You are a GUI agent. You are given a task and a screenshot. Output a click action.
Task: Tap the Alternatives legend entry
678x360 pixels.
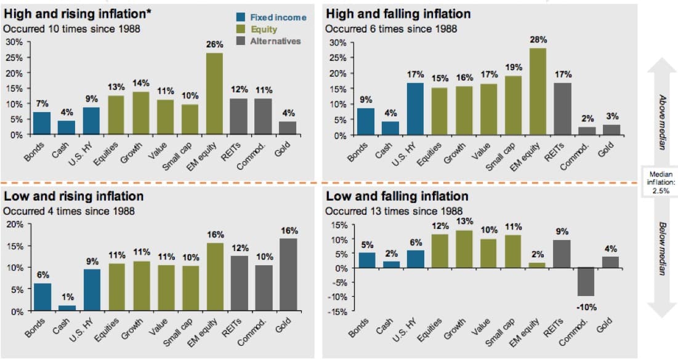click(x=275, y=41)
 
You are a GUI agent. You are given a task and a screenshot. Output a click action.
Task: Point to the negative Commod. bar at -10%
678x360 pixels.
click(x=586, y=282)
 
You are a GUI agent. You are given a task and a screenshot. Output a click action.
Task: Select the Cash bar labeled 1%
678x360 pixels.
click(x=67, y=308)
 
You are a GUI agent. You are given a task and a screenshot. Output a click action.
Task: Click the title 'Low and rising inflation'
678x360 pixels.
click(x=74, y=196)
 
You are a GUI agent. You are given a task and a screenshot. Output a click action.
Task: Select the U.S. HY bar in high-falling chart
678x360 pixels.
click(x=416, y=108)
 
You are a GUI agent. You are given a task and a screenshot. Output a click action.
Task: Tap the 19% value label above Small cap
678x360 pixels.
click(x=514, y=67)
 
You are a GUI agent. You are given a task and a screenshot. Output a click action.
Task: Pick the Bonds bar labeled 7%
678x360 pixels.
click(x=42, y=123)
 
